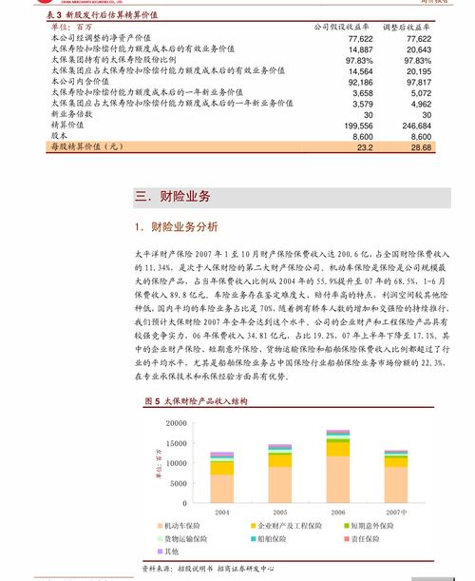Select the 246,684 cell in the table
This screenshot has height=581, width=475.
(416, 125)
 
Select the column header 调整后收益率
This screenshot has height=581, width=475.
(408, 27)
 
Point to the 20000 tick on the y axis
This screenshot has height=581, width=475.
(174, 422)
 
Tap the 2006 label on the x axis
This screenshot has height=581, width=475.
(337, 512)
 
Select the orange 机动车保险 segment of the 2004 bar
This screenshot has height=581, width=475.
(222, 488)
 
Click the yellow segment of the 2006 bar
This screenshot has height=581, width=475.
(337, 449)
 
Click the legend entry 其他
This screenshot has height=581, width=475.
(171, 552)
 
